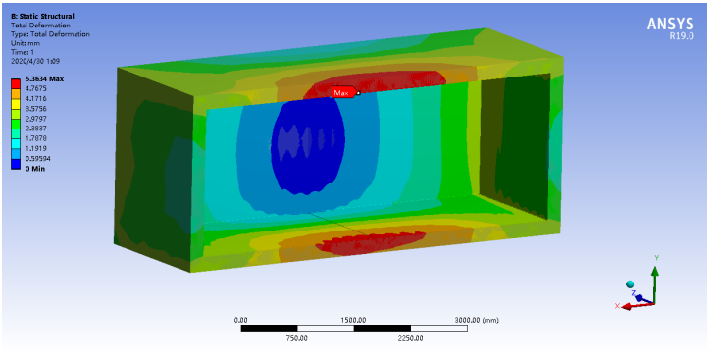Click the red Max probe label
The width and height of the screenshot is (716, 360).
click(343, 93)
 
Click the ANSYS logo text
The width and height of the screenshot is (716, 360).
click(670, 24)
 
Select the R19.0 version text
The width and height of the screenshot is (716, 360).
click(682, 36)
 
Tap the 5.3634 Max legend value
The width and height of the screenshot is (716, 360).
click(44, 79)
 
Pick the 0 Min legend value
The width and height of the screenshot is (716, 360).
click(35, 169)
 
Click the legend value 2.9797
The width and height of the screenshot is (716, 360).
click(35, 119)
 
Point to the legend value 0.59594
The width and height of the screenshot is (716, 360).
click(37, 159)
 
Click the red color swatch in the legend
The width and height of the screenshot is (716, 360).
click(16, 83)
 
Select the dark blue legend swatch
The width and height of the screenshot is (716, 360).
click(16, 164)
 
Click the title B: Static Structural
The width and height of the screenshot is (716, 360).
click(42, 17)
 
